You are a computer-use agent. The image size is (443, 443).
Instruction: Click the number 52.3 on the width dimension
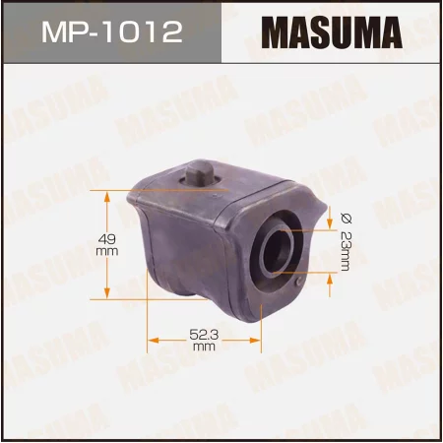click(203, 336)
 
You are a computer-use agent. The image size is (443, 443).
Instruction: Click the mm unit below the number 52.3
click(204, 348)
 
